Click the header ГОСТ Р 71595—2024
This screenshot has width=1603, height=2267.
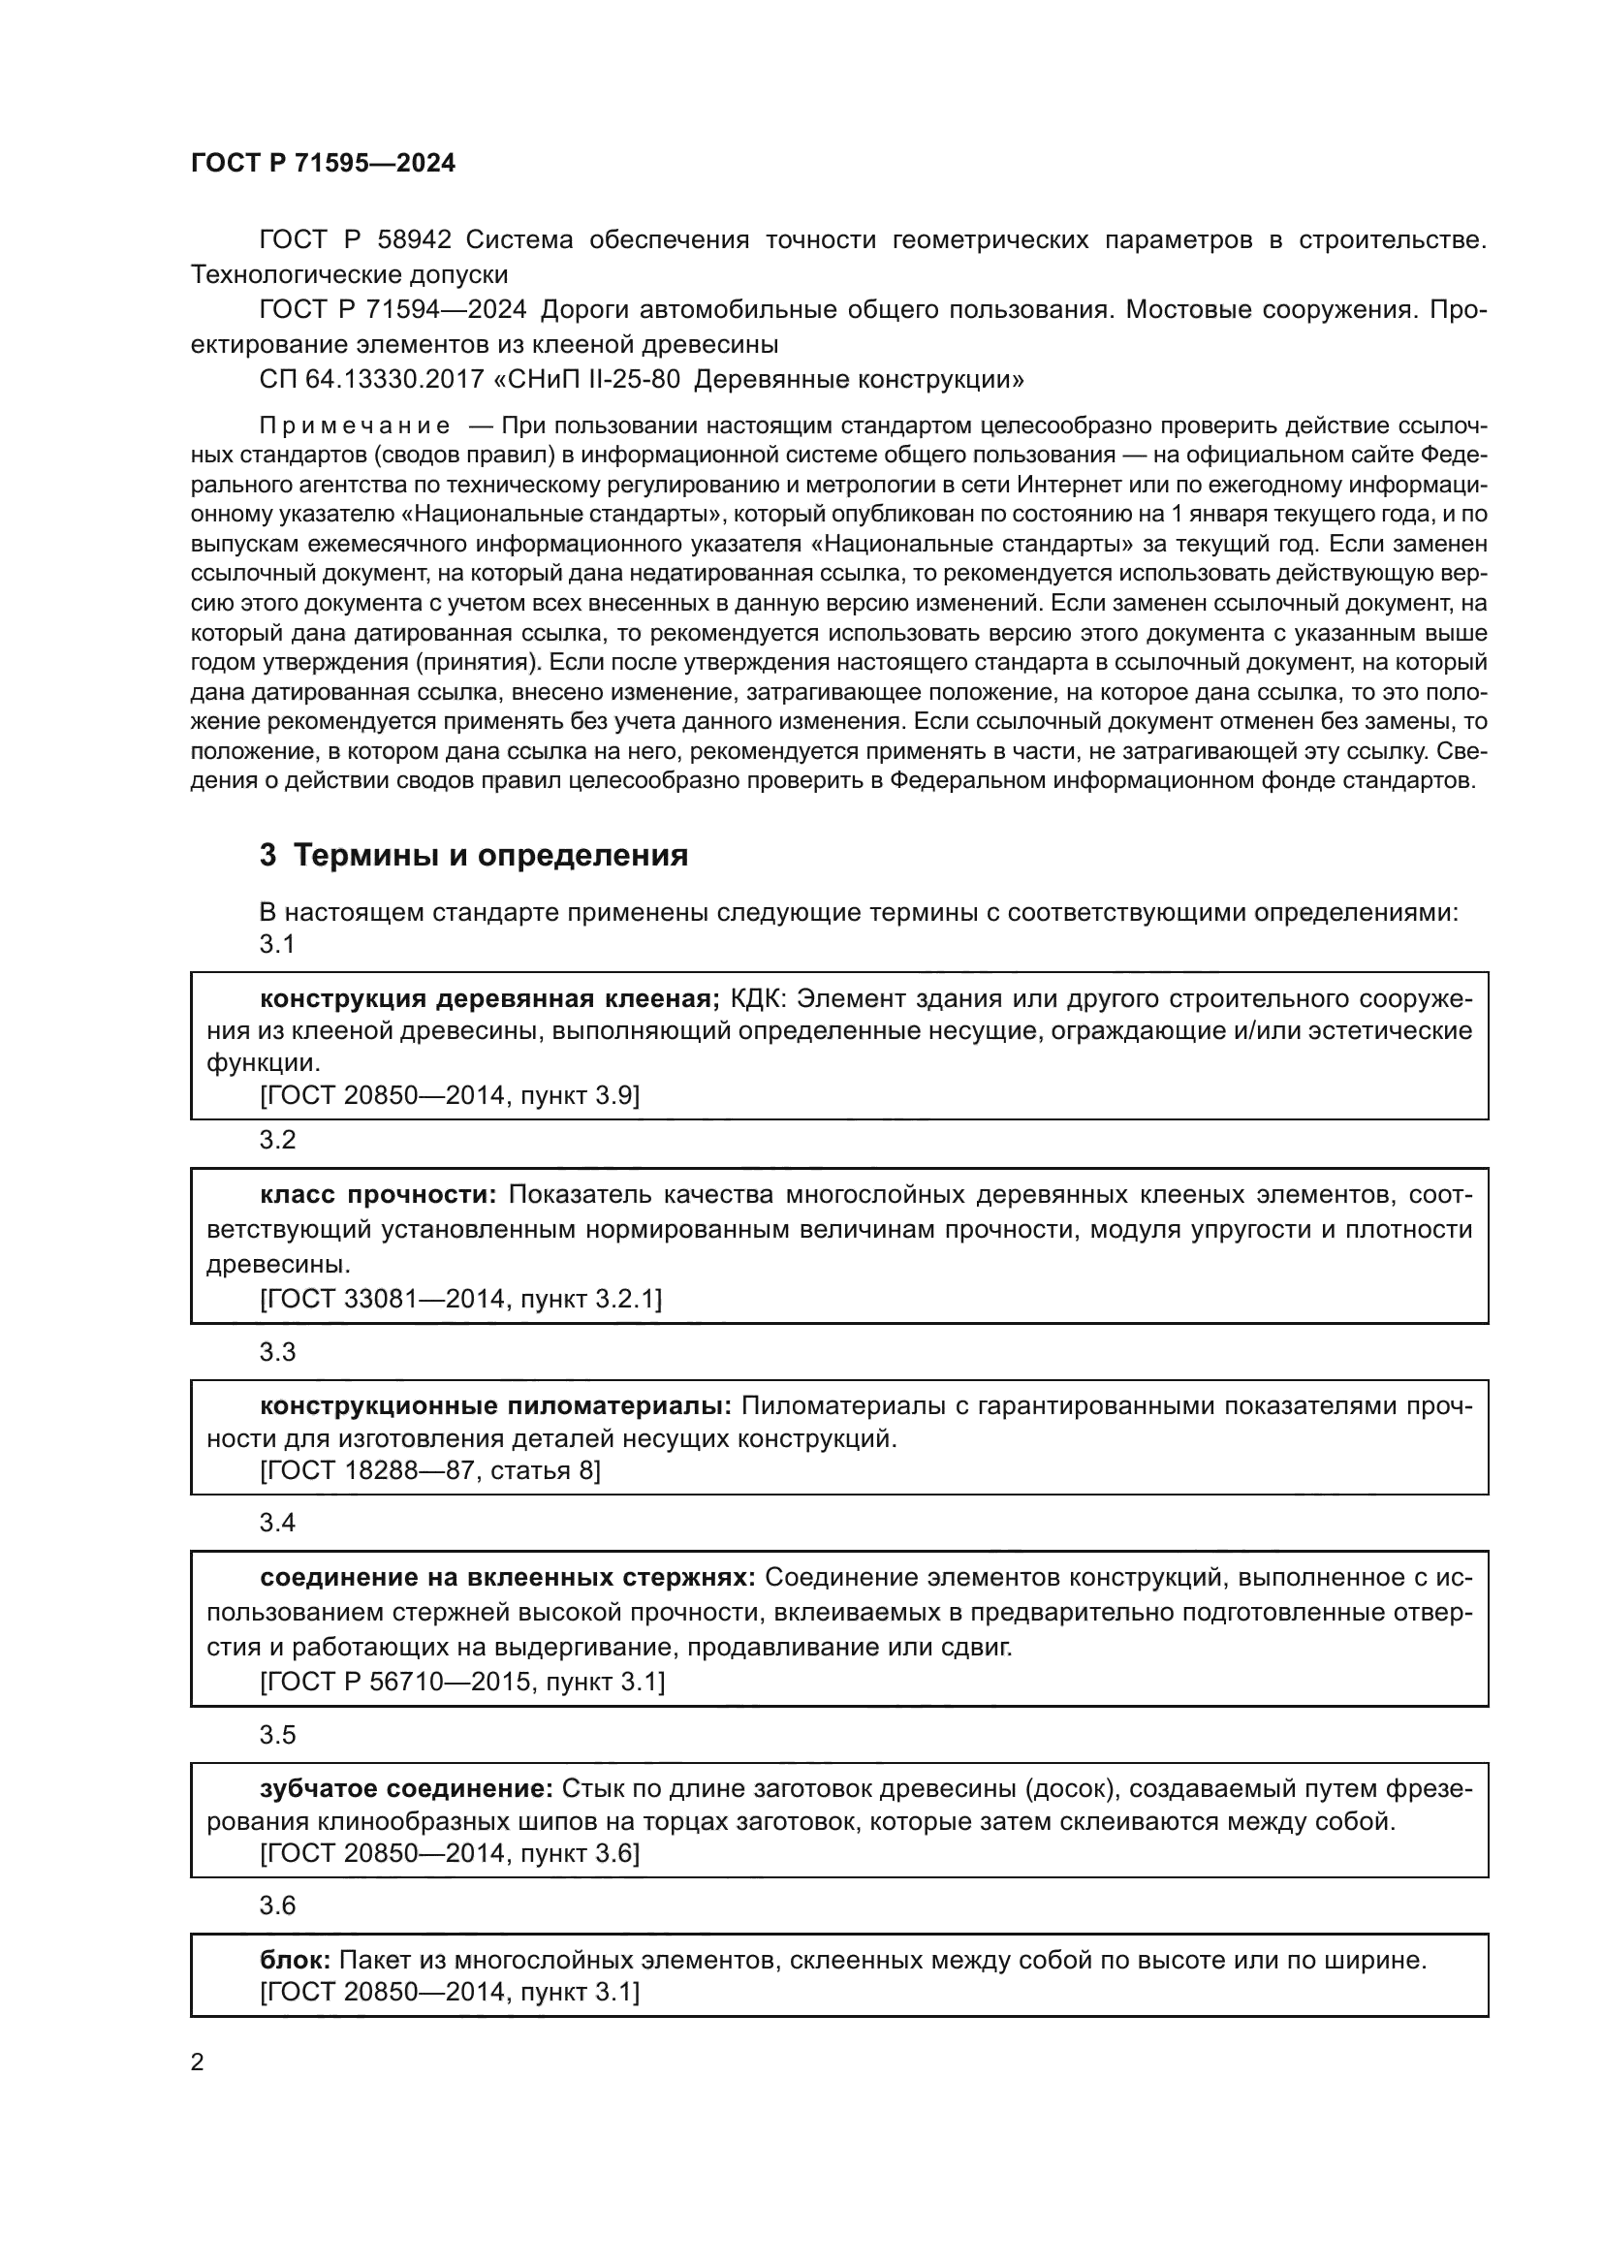[x=323, y=164]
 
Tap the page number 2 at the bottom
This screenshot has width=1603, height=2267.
[x=198, y=2062]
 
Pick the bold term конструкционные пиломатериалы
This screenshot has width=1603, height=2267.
[x=495, y=1405]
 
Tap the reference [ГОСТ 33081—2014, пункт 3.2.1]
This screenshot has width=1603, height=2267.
[x=460, y=1299]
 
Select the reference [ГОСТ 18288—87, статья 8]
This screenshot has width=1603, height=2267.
[x=429, y=1470]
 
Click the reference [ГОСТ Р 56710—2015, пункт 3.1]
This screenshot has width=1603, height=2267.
[x=462, y=1682]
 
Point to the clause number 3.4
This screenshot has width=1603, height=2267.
[x=277, y=1523]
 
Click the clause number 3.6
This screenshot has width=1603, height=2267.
[x=277, y=1905]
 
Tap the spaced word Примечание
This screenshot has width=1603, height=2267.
[x=355, y=425]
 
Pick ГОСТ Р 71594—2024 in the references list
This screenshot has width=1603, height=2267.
[x=392, y=310]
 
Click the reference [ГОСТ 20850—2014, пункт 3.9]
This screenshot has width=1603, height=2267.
[x=449, y=1095]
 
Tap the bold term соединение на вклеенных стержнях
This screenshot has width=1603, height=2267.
[x=507, y=1577]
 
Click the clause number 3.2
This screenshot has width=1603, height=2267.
[x=277, y=1141]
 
